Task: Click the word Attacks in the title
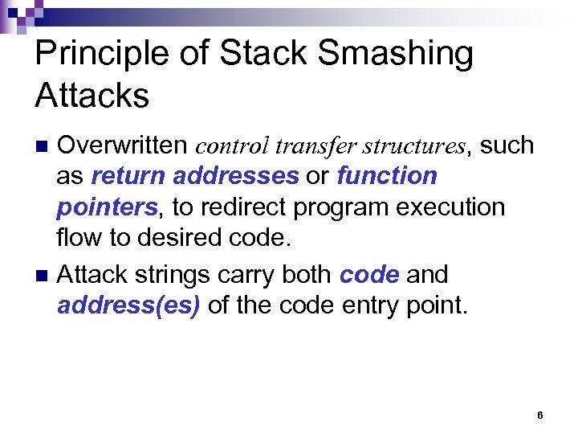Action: pos(92,96)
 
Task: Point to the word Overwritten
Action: pos(123,145)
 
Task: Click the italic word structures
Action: pos(413,146)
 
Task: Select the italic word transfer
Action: pos(315,146)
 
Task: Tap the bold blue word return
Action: pos(129,176)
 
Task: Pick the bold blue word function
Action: pos(387,176)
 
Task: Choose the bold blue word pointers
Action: pos(106,207)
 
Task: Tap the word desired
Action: pos(179,238)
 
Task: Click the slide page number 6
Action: pos(539,416)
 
